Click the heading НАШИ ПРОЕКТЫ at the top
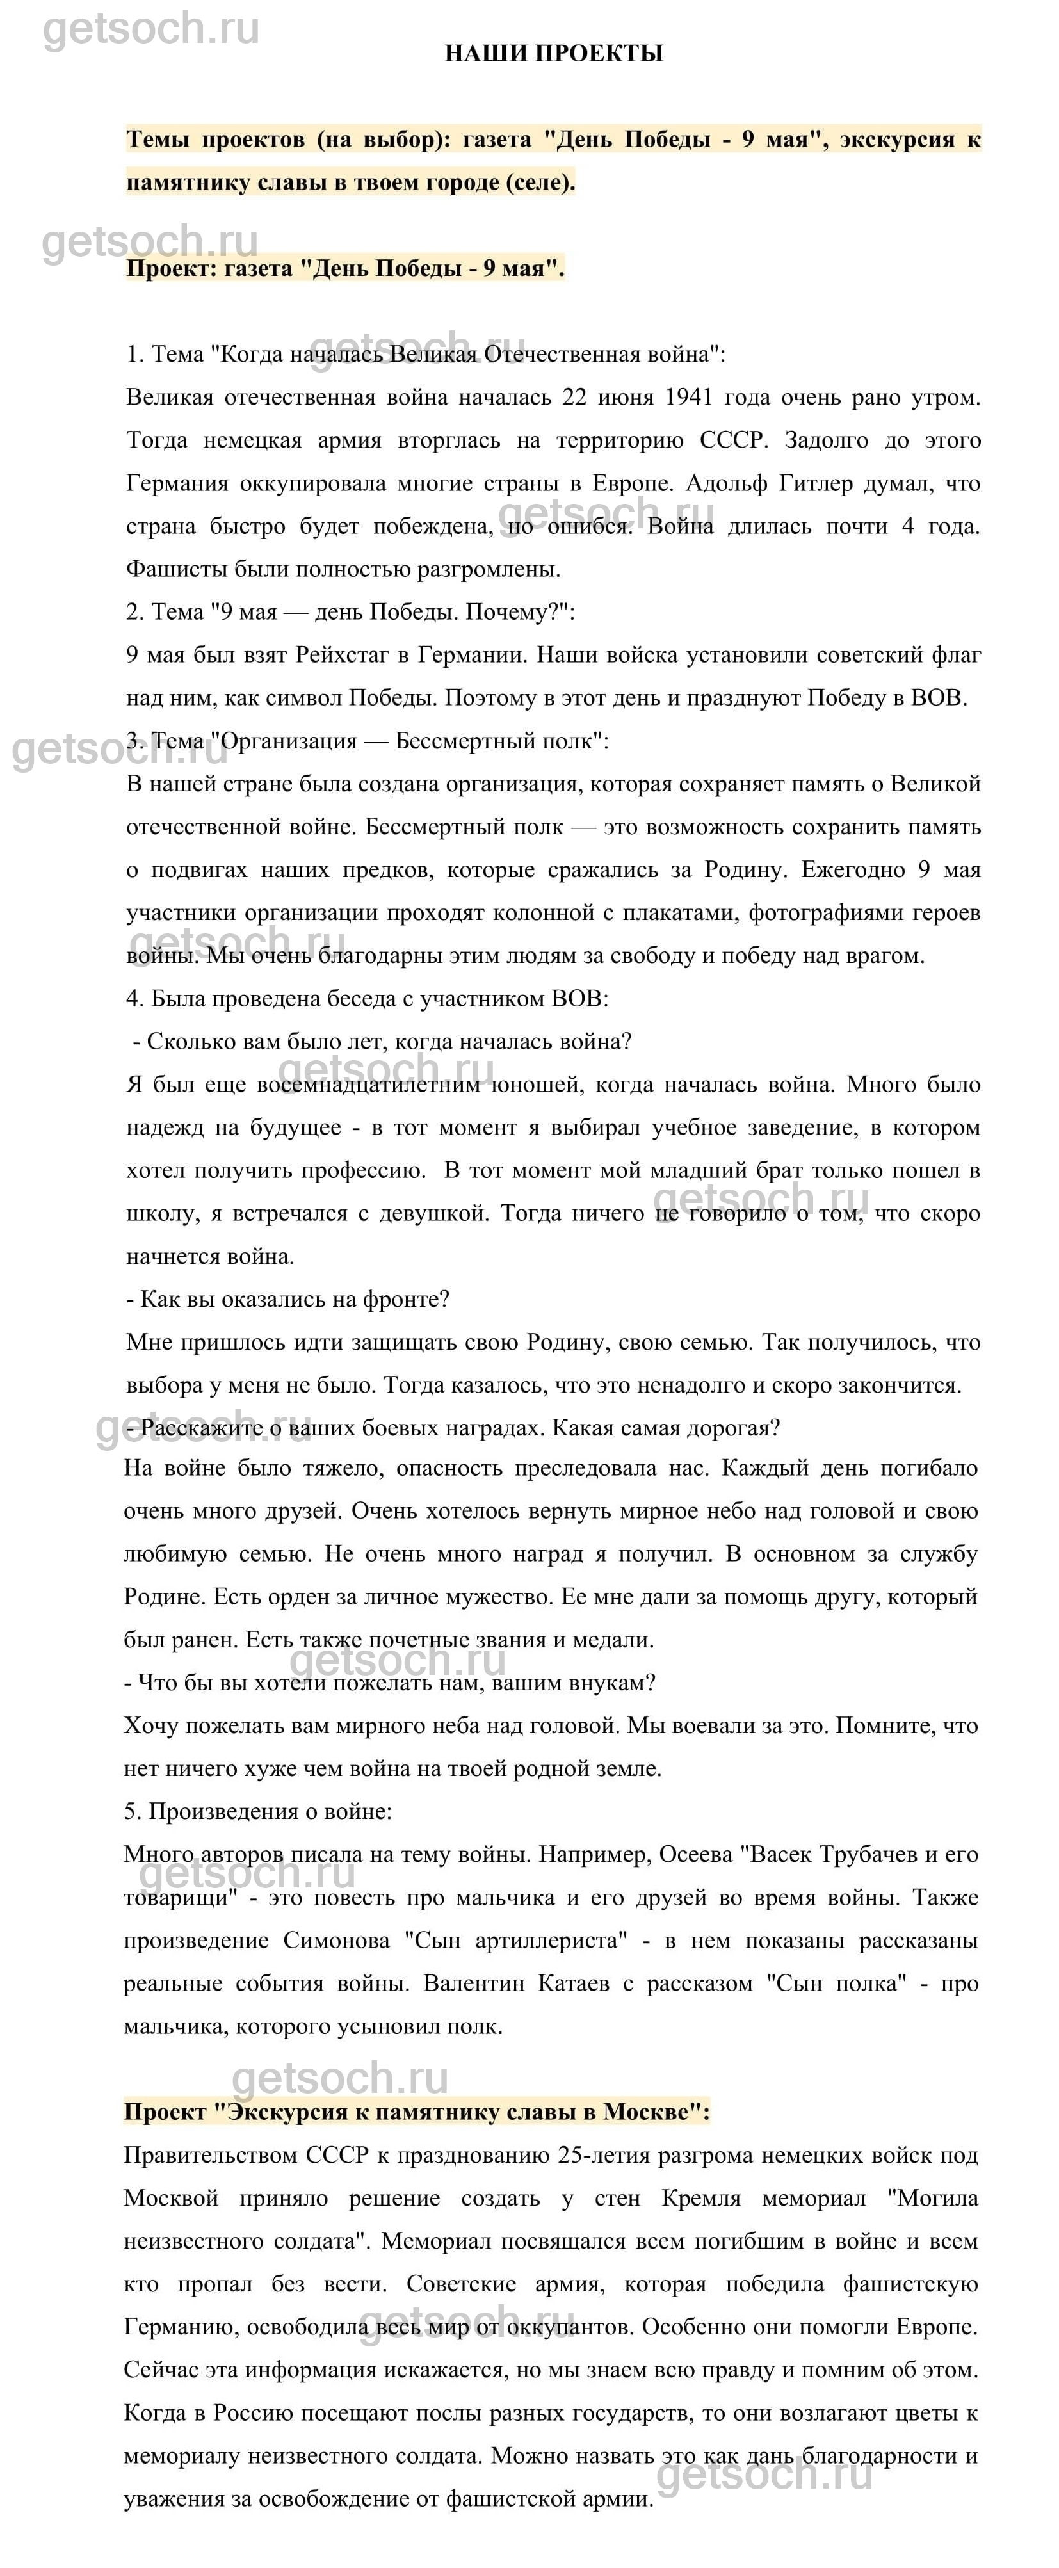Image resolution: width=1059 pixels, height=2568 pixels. [x=553, y=53]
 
